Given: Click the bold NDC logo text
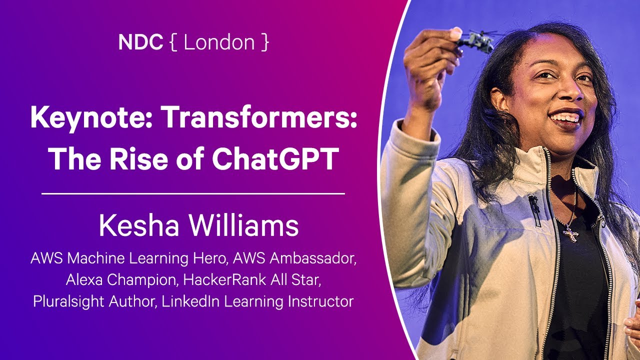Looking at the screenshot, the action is (140, 42).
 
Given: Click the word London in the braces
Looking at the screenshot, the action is (219, 42).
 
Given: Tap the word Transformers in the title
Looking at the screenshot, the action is (260, 117).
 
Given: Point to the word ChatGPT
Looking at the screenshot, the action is (275, 158).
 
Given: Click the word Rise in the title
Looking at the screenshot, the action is (138, 158).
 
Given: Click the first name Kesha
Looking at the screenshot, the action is (139, 225).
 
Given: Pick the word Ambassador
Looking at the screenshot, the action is (313, 258).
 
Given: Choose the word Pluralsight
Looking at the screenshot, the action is (68, 301).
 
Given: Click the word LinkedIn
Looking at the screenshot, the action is (190, 301).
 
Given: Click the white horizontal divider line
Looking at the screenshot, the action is (193, 193).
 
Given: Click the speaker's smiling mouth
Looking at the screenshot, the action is (566, 117).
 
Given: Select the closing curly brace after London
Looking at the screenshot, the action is (265, 42).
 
